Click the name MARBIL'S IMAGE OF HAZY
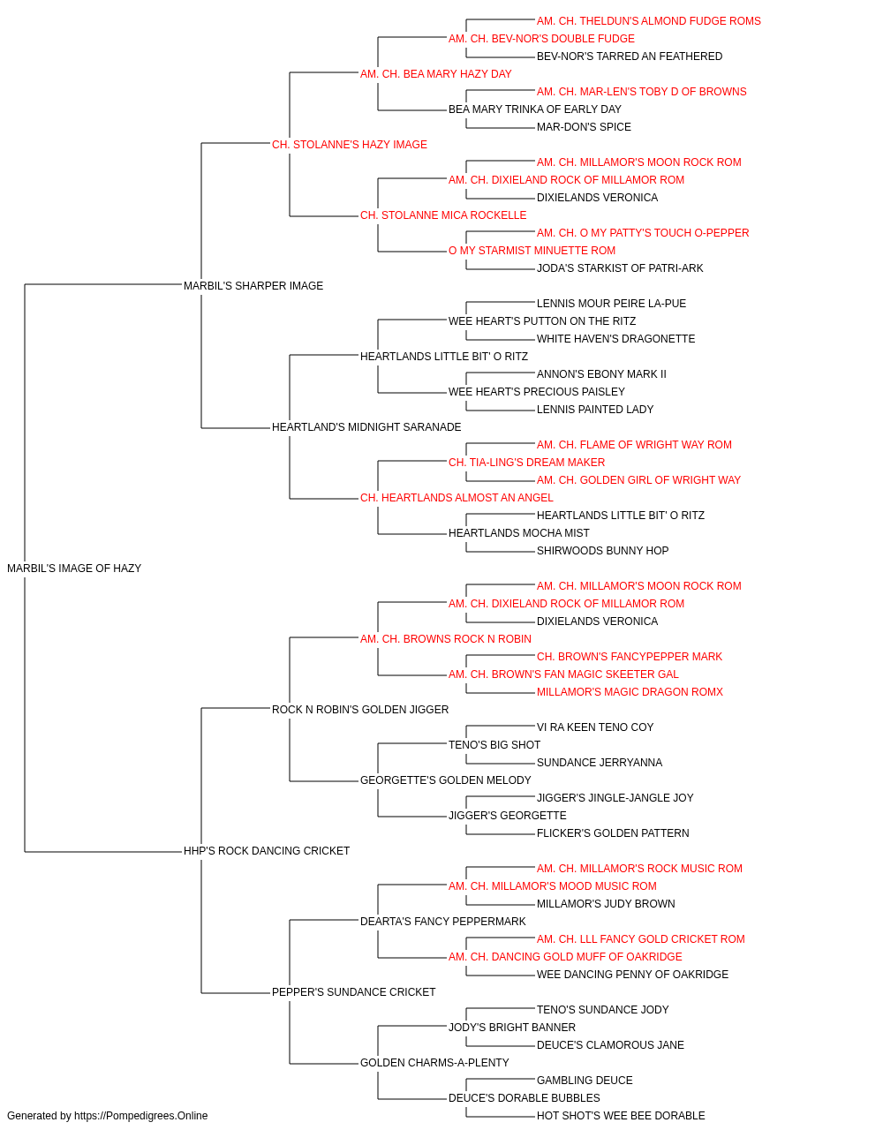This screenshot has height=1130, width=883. [74, 569]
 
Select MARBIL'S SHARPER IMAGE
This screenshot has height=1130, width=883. [253, 285]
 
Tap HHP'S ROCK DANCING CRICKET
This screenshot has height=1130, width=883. [267, 851]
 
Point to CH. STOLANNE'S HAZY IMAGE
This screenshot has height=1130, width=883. [350, 145]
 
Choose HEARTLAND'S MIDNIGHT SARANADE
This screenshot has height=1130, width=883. [366, 427]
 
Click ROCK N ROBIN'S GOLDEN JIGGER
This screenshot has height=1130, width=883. [360, 709]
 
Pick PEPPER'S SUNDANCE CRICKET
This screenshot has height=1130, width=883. [353, 991]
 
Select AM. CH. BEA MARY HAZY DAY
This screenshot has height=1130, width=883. [436, 74]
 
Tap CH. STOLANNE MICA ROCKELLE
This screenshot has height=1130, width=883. [443, 215]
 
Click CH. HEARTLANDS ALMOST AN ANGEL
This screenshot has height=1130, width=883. [457, 498]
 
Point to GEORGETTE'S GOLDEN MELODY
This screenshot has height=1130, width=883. [446, 780]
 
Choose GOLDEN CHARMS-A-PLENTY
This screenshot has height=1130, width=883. [434, 1062]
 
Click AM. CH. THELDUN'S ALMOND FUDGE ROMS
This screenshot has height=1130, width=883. [648, 21]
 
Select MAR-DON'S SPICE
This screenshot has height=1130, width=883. [584, 127]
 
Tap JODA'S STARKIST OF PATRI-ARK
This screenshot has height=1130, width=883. [620, 267]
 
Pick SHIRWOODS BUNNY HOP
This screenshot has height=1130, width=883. [603, 551]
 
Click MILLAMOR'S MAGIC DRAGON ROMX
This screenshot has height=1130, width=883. [630, 691]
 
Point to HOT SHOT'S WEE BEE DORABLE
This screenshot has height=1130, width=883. [621, 1116]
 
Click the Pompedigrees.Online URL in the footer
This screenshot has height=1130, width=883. [140, 1116]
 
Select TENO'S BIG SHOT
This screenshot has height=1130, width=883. [494, 745]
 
